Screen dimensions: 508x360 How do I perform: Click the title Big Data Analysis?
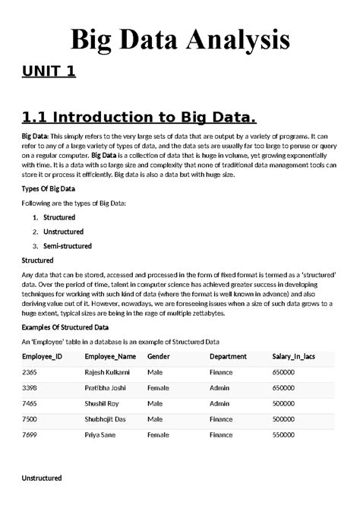pos(180,39)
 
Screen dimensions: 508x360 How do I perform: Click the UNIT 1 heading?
pos(49,72)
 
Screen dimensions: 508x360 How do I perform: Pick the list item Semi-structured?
pos(68,246)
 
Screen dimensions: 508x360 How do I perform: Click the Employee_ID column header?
pos(42,356)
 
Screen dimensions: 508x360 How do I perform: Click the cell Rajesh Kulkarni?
pos(107,373)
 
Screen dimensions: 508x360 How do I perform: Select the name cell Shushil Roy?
pos(102,403)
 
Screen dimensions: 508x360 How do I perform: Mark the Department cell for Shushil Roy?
pos(219,403)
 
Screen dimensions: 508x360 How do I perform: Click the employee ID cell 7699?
pos(30,435)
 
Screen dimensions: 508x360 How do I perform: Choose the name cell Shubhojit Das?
pos(106,419)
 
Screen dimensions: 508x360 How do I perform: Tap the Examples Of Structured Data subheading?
pos(65,327)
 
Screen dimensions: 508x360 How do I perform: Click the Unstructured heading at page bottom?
pos(41,478)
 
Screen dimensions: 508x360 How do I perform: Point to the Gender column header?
pos(159,356)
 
